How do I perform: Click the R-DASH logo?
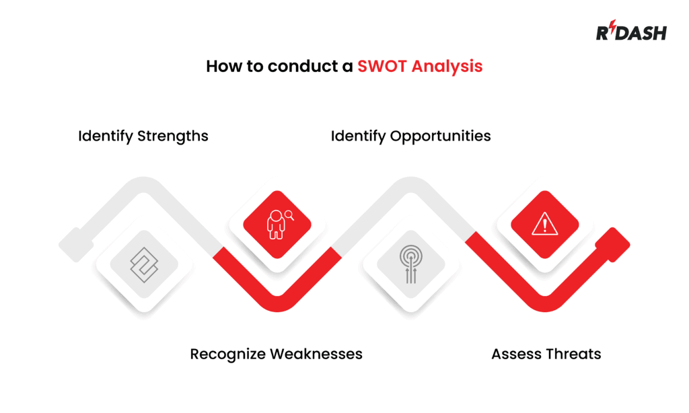[x=630, y=32]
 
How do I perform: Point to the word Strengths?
[x=173, y=136]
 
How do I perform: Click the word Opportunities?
[x=440, y=136]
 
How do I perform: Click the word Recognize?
[x=227, y=354]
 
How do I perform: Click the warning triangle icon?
[x=544, y=224]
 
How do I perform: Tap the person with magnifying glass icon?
[x=277, y=224]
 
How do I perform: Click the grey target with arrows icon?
[x=410, y=264]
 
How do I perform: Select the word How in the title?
[x=221, y=67]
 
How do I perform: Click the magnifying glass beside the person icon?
[x=289, y=215]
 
